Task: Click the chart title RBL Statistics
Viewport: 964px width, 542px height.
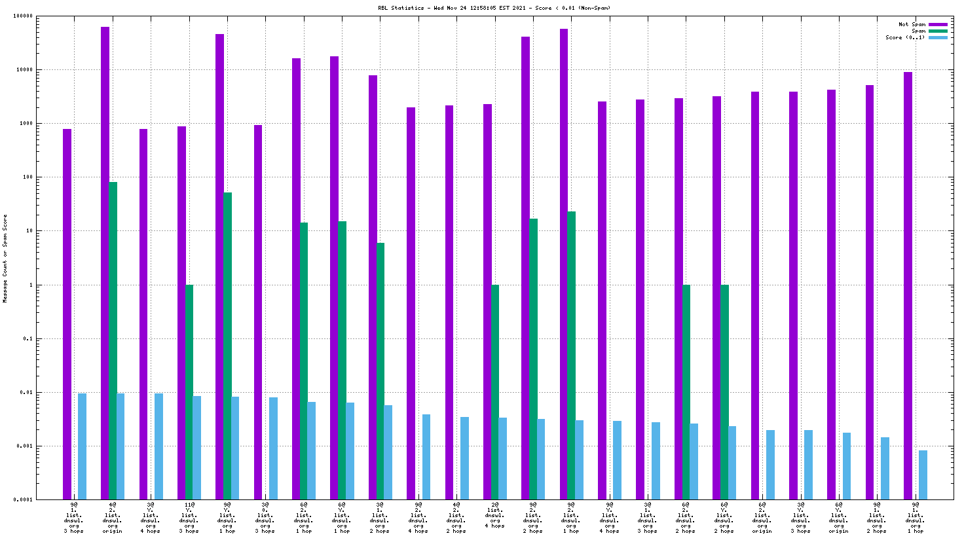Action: click(494, 8)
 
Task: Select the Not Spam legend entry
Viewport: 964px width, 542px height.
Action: click(912, 24)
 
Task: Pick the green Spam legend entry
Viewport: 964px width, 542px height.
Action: click(919, 31)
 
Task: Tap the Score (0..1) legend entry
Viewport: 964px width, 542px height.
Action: click(905, 37)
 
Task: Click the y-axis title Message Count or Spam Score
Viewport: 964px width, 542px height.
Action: click(5, 258)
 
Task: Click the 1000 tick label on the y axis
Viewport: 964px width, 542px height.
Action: click(27, 124)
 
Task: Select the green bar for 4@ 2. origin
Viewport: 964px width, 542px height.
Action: click(113, 340)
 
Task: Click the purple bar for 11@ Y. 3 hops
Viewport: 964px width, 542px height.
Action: click(181, 313)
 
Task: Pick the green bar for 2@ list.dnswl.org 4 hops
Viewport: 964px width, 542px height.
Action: click(495, 392)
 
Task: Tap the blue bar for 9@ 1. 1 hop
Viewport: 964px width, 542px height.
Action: click(923, 475)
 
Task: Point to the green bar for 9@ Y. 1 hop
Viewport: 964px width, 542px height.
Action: click(227, 346)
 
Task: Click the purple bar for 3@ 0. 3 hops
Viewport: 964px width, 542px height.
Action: click(258, 312)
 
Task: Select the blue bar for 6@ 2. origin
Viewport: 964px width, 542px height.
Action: click(770, 465)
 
